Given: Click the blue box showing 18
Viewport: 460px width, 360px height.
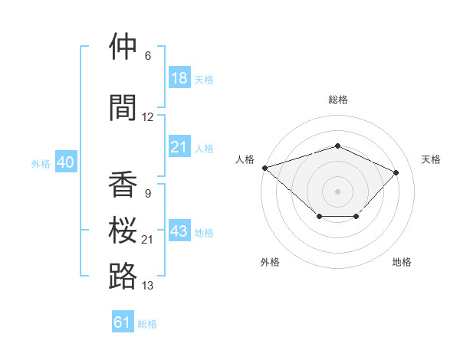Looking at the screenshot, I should pos(179,77).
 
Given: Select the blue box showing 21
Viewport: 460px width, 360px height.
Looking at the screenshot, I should pos(179,147).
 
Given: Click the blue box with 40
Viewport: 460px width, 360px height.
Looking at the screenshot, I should pos(65,162).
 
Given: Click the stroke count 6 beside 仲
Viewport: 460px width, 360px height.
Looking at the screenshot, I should pos(148,56).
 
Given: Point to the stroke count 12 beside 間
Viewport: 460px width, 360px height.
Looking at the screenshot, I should pos(148,117).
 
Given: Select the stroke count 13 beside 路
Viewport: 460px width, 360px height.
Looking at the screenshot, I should pos(148,286).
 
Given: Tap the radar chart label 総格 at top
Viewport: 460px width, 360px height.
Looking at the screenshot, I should pos(337,100).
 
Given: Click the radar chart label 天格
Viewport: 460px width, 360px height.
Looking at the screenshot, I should pos(431,159).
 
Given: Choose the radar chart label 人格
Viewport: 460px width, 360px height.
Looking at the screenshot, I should pos(245,159).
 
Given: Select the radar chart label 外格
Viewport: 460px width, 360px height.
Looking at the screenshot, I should pos(270,262).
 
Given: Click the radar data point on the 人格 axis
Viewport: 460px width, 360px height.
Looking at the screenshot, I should pos(264,168).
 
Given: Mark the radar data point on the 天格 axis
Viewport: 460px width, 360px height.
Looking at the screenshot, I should pos(396,172).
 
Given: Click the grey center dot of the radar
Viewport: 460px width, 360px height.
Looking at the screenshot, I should pos(337,191).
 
